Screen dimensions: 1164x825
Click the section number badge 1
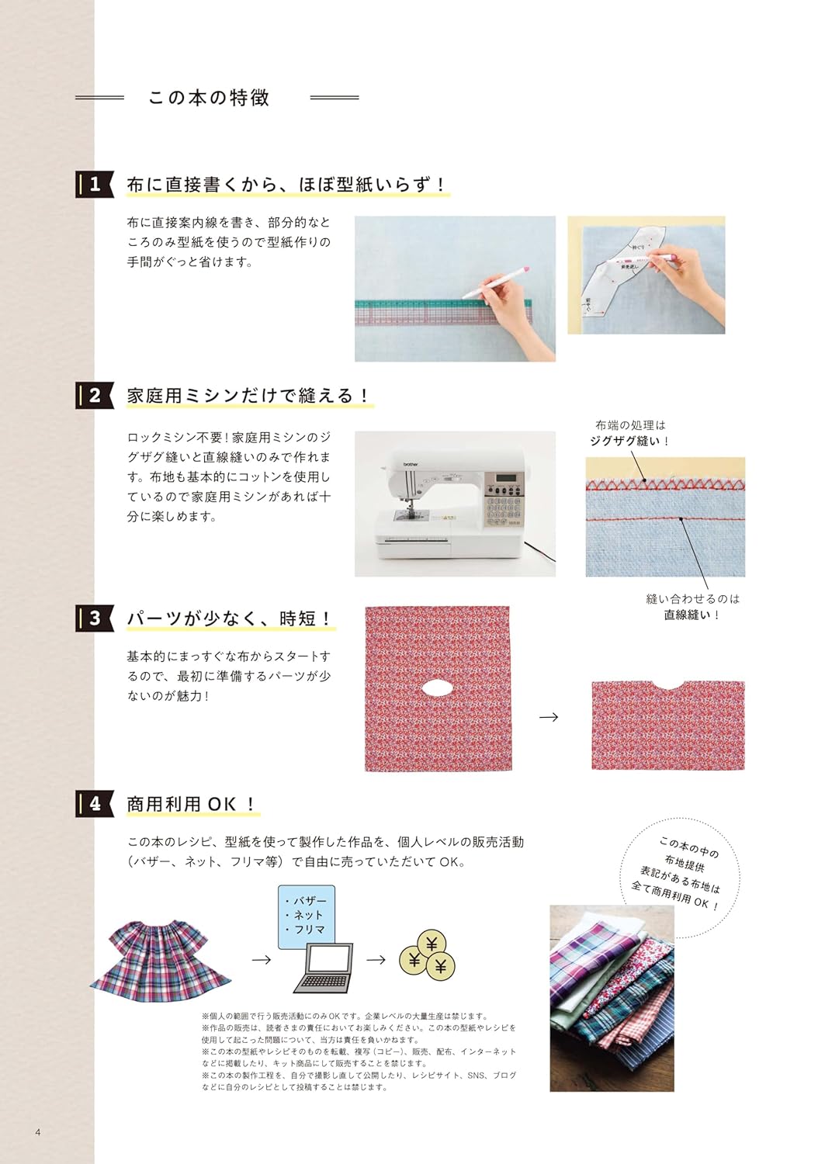click(95, 185)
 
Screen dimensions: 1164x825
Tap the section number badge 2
click(95, 396)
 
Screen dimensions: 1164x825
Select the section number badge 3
click(95, 618)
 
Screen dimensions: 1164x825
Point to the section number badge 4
click(95, 804)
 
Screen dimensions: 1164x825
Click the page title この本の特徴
click(209, 98)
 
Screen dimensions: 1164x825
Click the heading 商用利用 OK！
click(192, 805)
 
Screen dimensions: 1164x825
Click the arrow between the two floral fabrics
click(549, 717)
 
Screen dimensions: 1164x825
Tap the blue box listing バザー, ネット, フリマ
click(306, 915)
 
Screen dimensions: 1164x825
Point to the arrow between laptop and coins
click(376, 960)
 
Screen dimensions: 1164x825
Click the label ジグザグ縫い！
click(629, 441)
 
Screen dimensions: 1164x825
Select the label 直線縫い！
click(692, 615)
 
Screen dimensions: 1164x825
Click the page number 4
click(37, 1132)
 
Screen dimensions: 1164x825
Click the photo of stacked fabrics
click(612, 998)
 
